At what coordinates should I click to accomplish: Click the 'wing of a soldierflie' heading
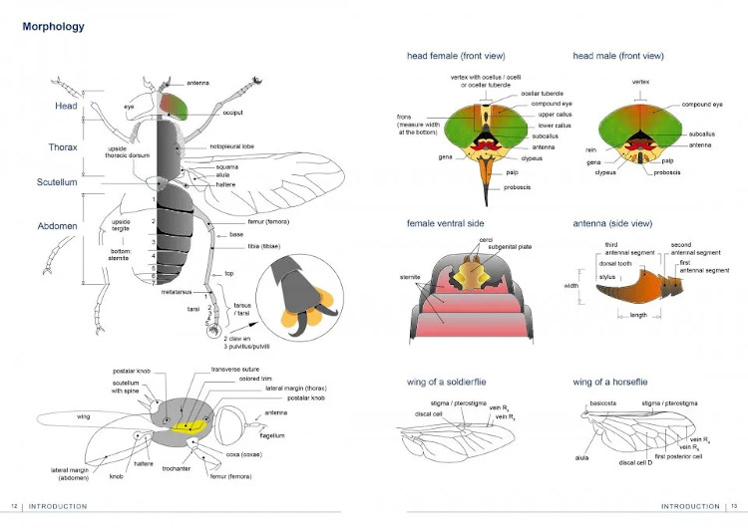coord(451,382)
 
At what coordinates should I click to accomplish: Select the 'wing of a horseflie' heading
coord(614,382)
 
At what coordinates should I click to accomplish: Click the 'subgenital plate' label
coord(483,245)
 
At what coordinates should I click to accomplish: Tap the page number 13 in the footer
coord(733,506)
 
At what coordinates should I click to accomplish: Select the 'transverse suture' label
coord(235,370)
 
